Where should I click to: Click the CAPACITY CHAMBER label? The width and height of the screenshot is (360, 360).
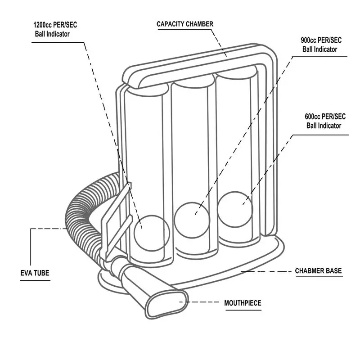(184, 24)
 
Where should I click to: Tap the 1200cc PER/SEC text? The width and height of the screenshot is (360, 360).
(55, 25)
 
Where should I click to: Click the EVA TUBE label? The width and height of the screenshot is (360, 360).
(35, 272)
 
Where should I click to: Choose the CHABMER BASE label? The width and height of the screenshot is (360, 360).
(318, 271)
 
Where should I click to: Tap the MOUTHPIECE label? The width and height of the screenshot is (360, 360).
(243, 303)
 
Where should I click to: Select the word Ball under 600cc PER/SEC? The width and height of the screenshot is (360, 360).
(313, 126)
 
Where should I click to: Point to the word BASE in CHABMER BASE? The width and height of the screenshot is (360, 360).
(333, 271)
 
